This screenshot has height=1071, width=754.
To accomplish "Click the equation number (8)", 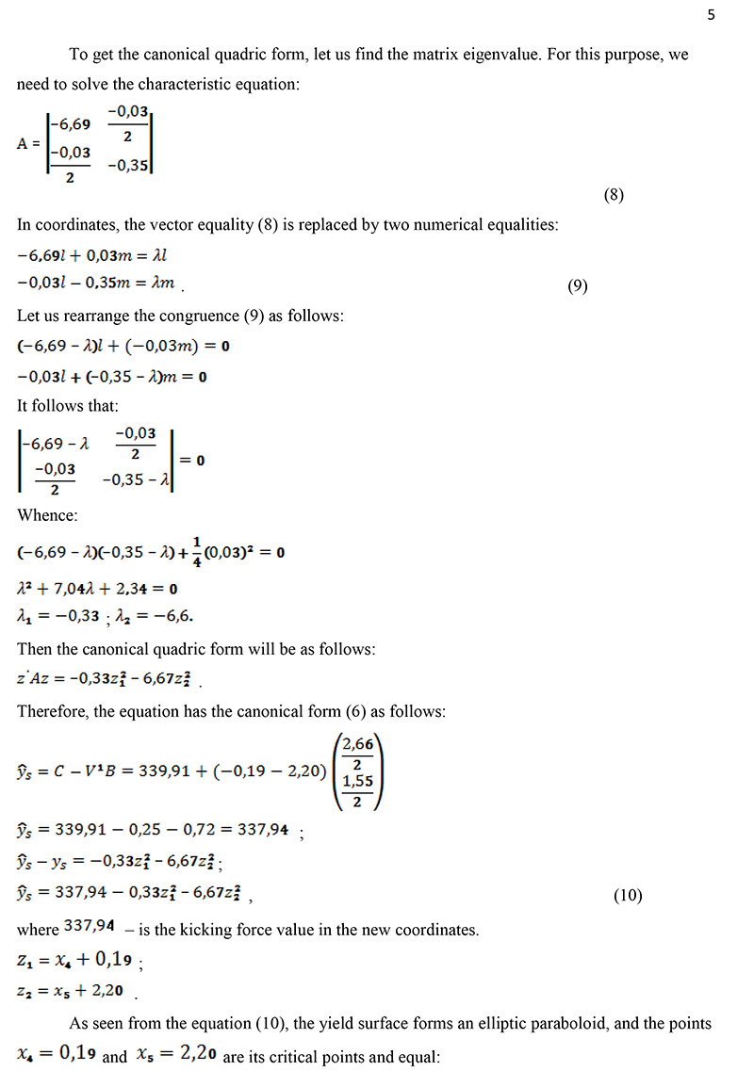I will pos(614,196).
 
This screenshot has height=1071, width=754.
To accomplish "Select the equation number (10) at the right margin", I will pos(627,896).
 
